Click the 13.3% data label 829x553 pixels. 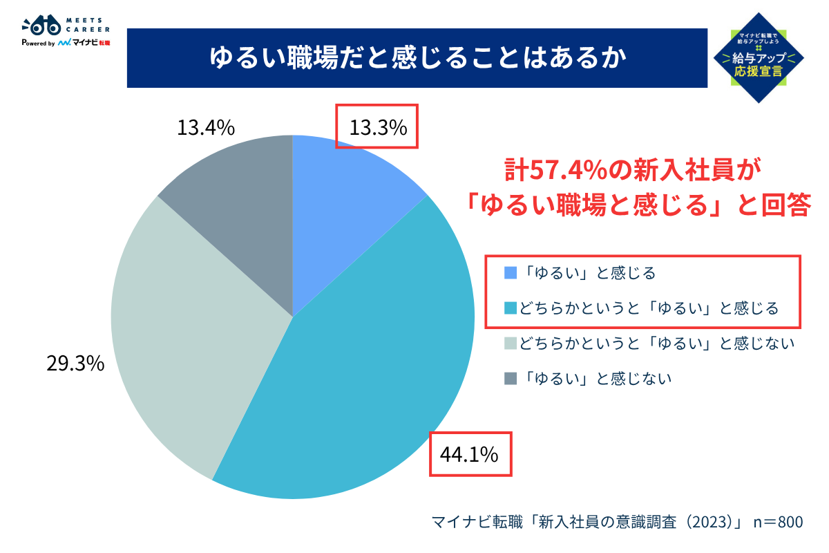pos(377,128)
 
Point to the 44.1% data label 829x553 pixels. pos(470,454)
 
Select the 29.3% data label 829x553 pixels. pos(75,363)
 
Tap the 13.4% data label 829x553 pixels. pos(206,128)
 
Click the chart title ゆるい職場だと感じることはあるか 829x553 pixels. pos(417,59)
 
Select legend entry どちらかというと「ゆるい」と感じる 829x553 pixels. pos(649,308)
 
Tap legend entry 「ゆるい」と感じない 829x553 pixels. pos(595,378)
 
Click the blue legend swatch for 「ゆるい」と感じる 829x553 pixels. pos(511,273)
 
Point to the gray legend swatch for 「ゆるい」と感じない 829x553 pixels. pos(511,378)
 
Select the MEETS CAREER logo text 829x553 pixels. pos(87,26)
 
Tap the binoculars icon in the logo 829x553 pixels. pos(41,26)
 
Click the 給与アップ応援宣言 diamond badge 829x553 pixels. pos(759,57)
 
